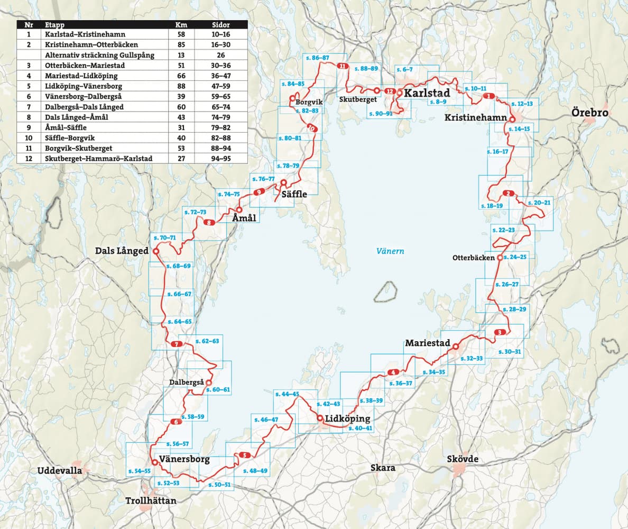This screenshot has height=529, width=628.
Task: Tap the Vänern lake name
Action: [390, 251]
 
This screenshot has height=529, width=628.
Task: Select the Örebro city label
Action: [589, 113]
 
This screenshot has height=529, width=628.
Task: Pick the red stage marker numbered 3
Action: [500, 333]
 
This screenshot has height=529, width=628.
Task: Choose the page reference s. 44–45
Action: [287, 394]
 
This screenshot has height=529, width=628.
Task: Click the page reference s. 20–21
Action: [539, 203]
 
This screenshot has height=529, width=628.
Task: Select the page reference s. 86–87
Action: [317, 57]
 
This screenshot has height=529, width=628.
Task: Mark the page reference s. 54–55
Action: [139, 470]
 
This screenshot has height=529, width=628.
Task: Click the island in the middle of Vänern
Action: [385, 291]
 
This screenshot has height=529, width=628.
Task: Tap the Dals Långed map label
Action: [122, 251]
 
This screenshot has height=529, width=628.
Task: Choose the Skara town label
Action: [383, 468]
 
